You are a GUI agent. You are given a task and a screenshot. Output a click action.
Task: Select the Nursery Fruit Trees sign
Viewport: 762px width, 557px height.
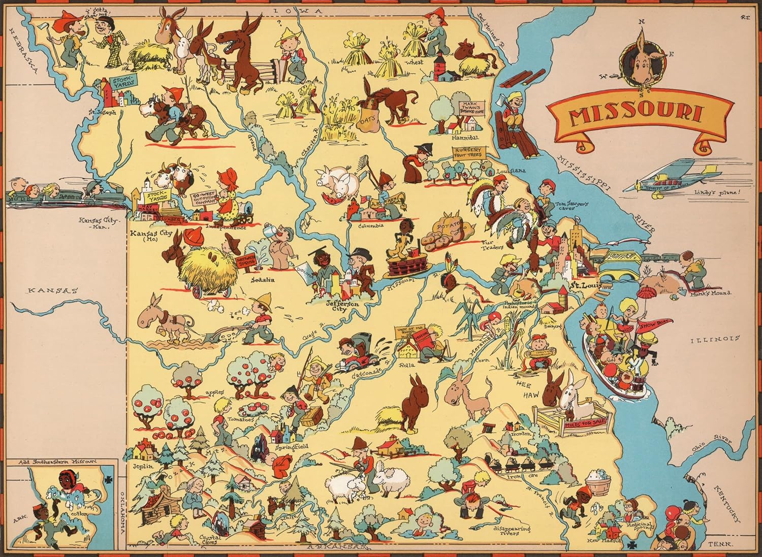[x=468, y=154]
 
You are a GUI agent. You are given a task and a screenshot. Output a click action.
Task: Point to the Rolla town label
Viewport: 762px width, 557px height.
[x=407, y=365]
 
